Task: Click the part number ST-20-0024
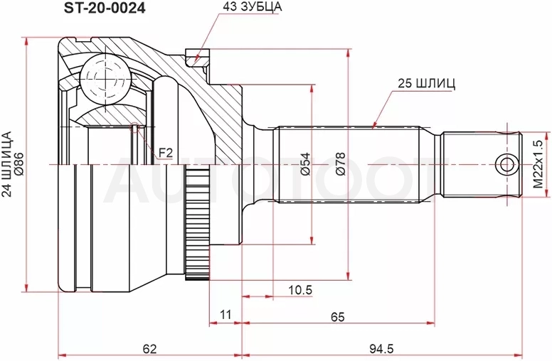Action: click(x=104, y=8)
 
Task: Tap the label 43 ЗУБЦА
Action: click(x=252, y=7)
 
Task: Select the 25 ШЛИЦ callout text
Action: click(x=426, y=83)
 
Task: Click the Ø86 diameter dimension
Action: click(x=18, y=164)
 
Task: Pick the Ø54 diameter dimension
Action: click(x=305, y=164)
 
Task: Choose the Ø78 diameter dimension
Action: click(x=341, y=164)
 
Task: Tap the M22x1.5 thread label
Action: click(x=538, y=164)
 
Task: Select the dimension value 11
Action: click(x=225, y=314)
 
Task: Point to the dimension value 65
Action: click(x=338, y=317)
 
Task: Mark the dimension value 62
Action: click(x=149, y=349)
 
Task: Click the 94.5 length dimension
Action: click(x=381, y=349)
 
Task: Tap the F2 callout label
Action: click(x=166, y=152)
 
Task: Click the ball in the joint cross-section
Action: click(x=105, y=80)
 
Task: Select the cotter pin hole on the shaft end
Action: click(x=506, y=164)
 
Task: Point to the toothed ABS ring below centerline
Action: click(x=198, y=225)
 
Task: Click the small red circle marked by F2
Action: click(x=135, y=128)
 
